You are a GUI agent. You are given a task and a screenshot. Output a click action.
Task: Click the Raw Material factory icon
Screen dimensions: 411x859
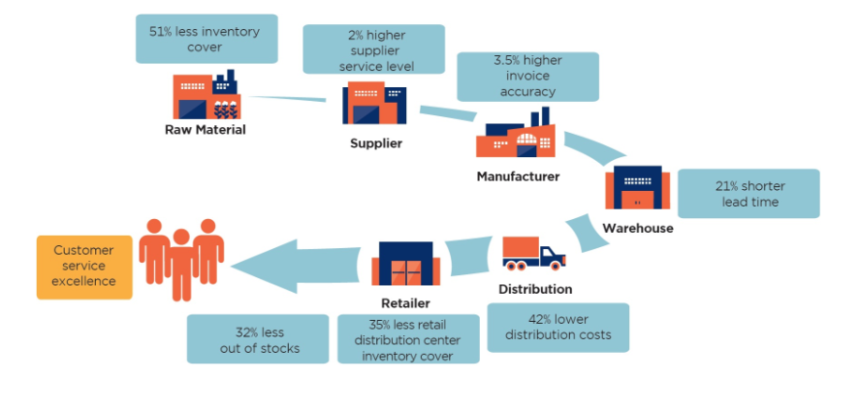tap(205, 94)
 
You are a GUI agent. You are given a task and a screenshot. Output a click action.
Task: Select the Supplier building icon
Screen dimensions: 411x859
tap(373, 104)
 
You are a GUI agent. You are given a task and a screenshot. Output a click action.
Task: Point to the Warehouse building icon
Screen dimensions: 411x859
tap(636, 187)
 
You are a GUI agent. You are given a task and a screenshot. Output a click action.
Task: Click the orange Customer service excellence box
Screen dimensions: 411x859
tap(84, 267)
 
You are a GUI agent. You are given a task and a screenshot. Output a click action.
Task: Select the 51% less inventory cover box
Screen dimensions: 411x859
tap(205, 39)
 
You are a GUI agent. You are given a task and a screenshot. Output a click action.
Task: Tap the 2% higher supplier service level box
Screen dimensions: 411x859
tap(374, 49)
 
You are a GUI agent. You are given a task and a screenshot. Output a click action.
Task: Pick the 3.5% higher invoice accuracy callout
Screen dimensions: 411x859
tap(527, 76)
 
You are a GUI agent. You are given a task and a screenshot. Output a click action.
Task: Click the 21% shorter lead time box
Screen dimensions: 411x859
tap(748, 194)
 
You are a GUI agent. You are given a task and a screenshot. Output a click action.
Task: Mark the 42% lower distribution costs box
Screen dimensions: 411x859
tap(557, 328)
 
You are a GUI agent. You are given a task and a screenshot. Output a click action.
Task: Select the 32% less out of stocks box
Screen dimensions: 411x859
tap(258, 339)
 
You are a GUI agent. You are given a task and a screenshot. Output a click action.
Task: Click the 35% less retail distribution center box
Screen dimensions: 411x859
tap(408, 339)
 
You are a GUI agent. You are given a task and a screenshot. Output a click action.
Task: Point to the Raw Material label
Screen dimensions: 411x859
tap(206, 129)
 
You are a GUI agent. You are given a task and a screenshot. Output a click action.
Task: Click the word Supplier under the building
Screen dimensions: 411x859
tap(375, 143)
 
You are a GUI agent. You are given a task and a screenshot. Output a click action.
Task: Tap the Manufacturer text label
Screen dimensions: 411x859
tap(518, 176)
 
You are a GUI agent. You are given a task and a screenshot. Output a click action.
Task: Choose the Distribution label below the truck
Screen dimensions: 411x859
tap(534, 289)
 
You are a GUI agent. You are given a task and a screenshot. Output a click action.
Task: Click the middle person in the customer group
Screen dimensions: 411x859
tap(180, 260)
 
